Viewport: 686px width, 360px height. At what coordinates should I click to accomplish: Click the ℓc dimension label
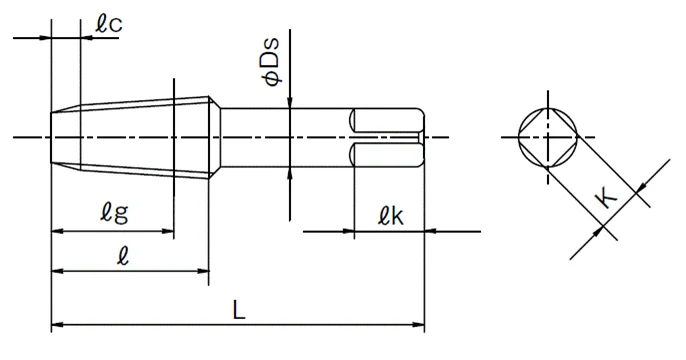tap(109, 24)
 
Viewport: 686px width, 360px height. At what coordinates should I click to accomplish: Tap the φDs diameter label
tap(270, 62)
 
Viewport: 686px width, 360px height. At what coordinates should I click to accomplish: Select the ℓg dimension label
tap(114, 212)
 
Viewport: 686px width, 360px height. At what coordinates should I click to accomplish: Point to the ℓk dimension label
tap(391, 215)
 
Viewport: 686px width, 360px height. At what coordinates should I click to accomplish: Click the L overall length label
tap(238, 310)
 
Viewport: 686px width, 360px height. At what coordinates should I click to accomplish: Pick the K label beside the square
tap(606, 198)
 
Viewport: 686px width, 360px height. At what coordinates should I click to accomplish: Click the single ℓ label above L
tap(123, 255)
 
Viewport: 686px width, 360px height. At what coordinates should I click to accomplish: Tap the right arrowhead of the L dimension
tap(419, 325)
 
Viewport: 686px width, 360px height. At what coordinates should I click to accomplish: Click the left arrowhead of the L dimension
tap(57, 325)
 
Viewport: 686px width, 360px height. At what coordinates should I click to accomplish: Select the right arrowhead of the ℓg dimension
tap(168, 231)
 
